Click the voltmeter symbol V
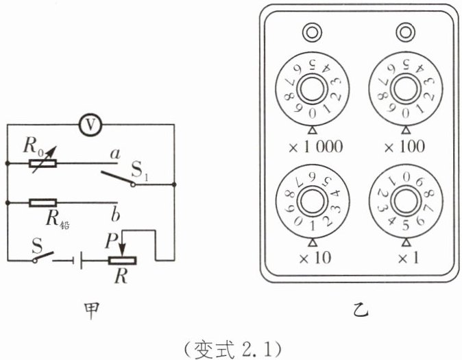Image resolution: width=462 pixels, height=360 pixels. (90, 125)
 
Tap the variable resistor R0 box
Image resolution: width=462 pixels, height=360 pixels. (42, 163)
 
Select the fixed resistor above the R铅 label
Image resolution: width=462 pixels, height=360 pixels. (42, 203)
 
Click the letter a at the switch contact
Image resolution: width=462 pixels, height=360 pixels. (115, 154)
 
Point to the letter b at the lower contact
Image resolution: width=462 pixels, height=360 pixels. (115, 215)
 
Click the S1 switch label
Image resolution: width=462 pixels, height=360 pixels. (140, 171)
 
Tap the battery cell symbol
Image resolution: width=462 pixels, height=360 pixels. (77, 261)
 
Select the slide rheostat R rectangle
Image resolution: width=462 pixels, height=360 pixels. (122, 261)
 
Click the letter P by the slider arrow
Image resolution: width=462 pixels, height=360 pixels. (111, 241)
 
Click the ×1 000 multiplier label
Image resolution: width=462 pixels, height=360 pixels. (316, 147)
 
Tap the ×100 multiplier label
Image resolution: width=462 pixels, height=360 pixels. (405, 146)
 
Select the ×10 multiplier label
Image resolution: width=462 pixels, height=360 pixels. (315, 258)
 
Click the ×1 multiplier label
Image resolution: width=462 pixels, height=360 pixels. (408, 259)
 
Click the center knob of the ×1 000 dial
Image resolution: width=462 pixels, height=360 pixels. (313, 90)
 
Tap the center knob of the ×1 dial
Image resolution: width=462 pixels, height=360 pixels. (406, 202)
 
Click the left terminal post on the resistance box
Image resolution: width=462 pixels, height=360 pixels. (313, 32)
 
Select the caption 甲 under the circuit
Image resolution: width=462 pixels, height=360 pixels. (92, 311)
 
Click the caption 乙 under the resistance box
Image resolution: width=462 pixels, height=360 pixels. (361, 311)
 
